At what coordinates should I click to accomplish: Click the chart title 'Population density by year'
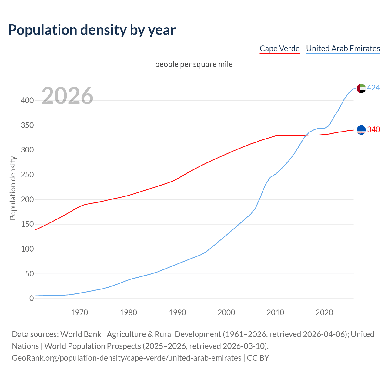[x=92, y=30]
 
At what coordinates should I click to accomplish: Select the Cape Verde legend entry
[x=279, y=48]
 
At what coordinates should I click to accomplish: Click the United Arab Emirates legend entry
[x=343, y=48]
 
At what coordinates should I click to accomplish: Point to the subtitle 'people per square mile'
[x=194, y=64]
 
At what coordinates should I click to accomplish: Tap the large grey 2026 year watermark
[x=67, y=96]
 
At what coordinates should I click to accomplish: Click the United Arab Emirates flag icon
[x=361, y=88]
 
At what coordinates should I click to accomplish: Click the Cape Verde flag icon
[x=361, y=130]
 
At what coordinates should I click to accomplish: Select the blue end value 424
[x=373, y=88]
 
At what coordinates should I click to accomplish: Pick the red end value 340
[x=373, y=130]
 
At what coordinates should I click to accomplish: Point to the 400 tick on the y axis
[x=27, y=100]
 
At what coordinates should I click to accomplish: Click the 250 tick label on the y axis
[x=27, y=175]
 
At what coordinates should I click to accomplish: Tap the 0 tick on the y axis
[x=32, y=299]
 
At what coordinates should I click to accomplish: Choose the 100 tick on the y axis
[x=27, y=249]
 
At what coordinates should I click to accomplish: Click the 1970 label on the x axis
[x=79, y=313]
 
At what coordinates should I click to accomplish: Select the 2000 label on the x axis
[x=226, y=313]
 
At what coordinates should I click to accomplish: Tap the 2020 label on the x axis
[x=324, y=313]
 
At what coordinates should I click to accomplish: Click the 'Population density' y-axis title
[x=13, y=188]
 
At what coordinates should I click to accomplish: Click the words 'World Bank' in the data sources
[x=81, y=334]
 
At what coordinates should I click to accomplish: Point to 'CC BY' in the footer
[x=258, y=358]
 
